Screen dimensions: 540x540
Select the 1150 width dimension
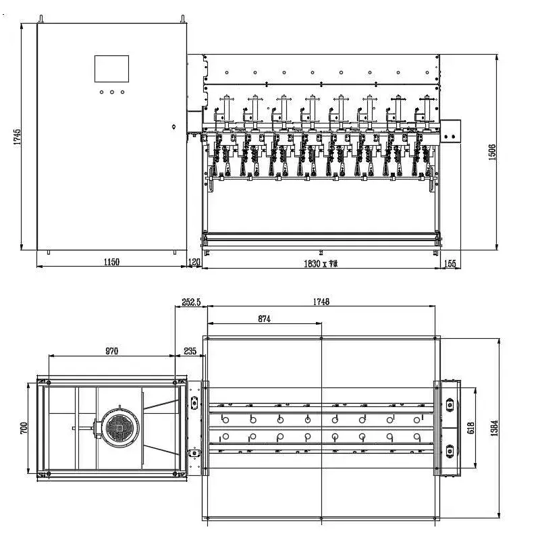111,262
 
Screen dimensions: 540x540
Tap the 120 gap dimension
194,262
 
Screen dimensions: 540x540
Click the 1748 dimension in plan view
322,302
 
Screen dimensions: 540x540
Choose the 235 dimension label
190,350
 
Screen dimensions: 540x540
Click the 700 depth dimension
24,428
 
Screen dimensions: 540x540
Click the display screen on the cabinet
111,69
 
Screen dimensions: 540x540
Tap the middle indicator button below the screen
111,92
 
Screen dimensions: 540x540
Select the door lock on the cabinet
173,126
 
